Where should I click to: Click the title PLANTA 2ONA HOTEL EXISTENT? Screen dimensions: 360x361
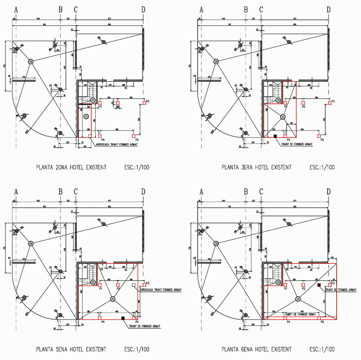(71, 167)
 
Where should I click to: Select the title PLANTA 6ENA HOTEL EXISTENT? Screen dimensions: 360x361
(256, 349)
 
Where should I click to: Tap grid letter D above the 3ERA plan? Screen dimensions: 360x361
(329, 9)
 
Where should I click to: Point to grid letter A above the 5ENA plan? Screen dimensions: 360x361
(16, 192)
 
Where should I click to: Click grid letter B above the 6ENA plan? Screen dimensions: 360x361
(246, 192)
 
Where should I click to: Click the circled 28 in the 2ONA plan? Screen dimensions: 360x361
(31, 61)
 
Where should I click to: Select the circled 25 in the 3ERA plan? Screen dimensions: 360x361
(283, 117)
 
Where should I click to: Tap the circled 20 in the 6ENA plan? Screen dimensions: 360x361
(278, 282)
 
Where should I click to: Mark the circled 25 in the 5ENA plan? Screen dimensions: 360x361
(113, 299)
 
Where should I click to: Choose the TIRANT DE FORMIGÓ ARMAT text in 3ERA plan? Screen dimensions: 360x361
(297, 145)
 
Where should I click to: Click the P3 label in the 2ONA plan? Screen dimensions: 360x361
(147, 101)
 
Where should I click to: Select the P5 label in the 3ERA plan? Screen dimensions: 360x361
(322, 140)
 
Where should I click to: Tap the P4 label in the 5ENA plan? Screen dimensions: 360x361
(103, 322)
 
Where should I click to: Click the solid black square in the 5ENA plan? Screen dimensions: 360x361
(123, 318)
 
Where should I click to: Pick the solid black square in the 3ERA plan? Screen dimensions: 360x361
(274, 136)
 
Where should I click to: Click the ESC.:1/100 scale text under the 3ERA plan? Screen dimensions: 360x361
(322, 167)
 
